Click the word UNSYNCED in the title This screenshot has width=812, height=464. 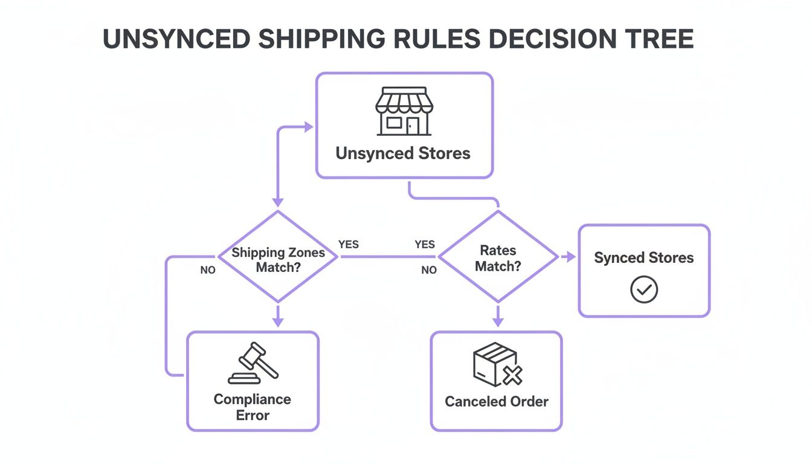coord(176,39)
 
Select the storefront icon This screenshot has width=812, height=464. coord(404,112)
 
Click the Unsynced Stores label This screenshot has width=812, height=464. coord(403,153)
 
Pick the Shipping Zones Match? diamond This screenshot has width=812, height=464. coord(278,257)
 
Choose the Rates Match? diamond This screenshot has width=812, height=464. coord(498,257)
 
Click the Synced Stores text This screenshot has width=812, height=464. coord(643,258)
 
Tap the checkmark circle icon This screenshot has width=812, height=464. coord(644,290)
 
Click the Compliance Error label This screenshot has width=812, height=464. coord(253,407)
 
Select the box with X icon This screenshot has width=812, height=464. coord(497,364)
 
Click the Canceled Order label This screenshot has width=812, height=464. coord(497,402)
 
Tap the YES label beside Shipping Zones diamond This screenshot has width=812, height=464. coord(348,245)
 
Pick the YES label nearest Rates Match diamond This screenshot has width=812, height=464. coord(425,245)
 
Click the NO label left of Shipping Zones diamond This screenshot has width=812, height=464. coord(208,270)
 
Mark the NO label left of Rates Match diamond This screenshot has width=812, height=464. coord(429,270)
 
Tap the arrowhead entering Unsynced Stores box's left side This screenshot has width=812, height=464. coord(309,127)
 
